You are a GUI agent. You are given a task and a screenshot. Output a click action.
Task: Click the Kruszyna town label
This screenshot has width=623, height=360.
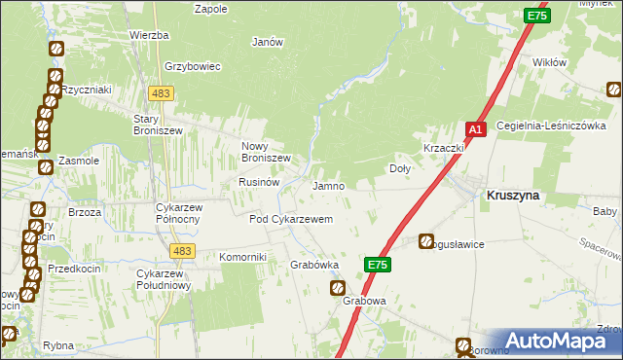tap(513, 195)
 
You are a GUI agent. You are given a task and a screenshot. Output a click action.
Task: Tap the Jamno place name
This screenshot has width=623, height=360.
tap(329, 185)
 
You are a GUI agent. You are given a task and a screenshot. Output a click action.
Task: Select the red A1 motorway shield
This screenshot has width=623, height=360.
tap(475, 129)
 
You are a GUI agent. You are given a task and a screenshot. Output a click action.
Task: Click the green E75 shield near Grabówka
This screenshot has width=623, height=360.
tap(380, 264)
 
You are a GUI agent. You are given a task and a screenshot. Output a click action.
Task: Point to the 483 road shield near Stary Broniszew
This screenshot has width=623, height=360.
tap(162, 92)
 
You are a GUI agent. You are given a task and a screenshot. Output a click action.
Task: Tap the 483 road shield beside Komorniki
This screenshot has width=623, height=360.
tap(181, 251)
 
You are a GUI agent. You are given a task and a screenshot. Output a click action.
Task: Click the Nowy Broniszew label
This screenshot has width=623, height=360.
tap(267, 152)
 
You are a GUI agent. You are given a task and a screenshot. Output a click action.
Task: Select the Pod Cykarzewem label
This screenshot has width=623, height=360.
tap(291, 220)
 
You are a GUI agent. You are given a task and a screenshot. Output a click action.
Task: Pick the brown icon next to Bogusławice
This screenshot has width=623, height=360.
tap(426, 241)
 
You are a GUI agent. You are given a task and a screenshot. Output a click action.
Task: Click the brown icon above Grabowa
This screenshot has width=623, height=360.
tap(338, 288)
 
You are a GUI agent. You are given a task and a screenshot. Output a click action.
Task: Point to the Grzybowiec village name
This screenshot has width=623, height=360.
tap(194, 67)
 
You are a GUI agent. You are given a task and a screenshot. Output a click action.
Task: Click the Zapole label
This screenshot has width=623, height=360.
tap(211, 9)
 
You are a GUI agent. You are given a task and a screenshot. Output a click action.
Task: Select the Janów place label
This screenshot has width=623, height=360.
tap(267, 42)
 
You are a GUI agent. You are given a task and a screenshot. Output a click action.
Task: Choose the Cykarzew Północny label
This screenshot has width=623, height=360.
tap(178, 212)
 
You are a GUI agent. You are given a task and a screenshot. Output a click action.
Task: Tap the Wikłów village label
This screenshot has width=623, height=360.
tap(550, 61)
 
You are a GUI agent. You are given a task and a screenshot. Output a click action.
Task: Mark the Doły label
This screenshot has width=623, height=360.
tap(400, 167)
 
